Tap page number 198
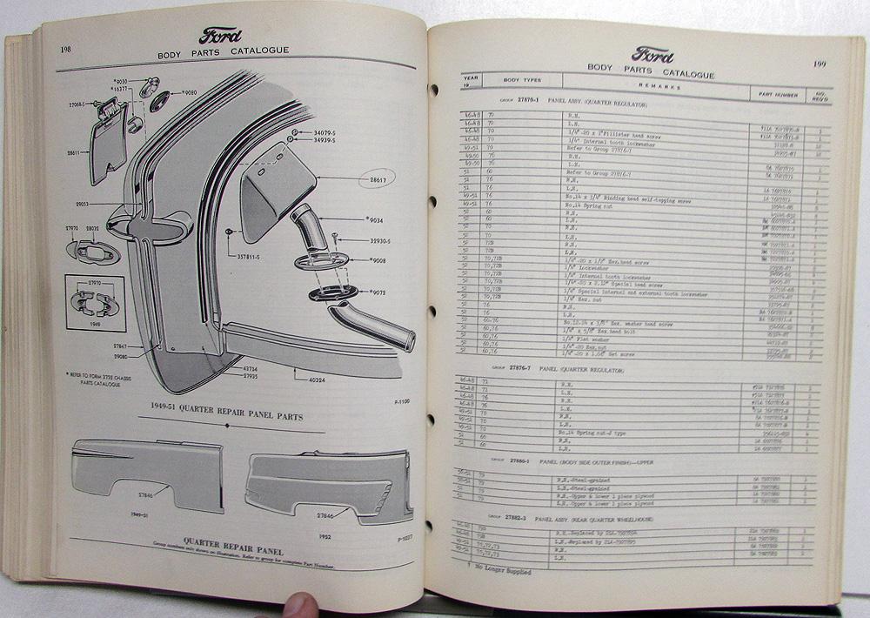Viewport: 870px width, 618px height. [x=66, y=50]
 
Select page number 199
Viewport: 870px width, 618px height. [x=820, y=64]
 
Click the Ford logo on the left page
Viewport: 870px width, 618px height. [x=221, y=37]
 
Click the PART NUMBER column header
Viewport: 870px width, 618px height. [x=776, y=94]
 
